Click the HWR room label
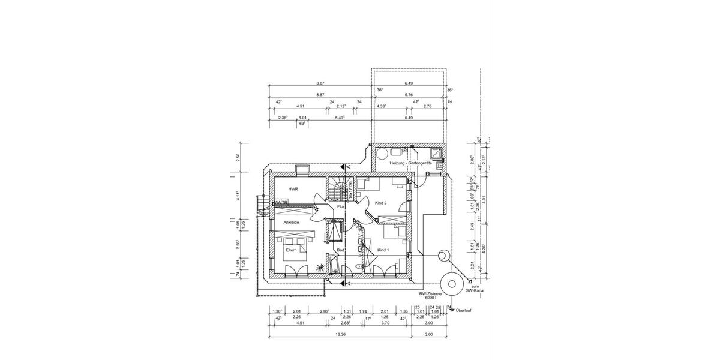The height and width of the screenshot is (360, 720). (x=293, y=189)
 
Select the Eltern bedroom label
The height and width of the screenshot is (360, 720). (x=292, y=250)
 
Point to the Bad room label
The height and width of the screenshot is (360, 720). (x=340, y=250)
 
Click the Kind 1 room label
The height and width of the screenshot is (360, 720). (x=383, y=250)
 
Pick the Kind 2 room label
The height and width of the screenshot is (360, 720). (x=380, y=203)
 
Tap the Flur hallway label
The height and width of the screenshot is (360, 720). (x=340, y=206)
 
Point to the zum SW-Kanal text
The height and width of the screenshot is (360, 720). (x=475, y=289)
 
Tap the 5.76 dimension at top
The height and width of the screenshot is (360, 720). (x=409, y=95)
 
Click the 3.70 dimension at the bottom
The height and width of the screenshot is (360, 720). (x=385, y=323)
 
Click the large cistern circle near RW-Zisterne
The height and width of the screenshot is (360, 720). (x=451, y=281)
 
